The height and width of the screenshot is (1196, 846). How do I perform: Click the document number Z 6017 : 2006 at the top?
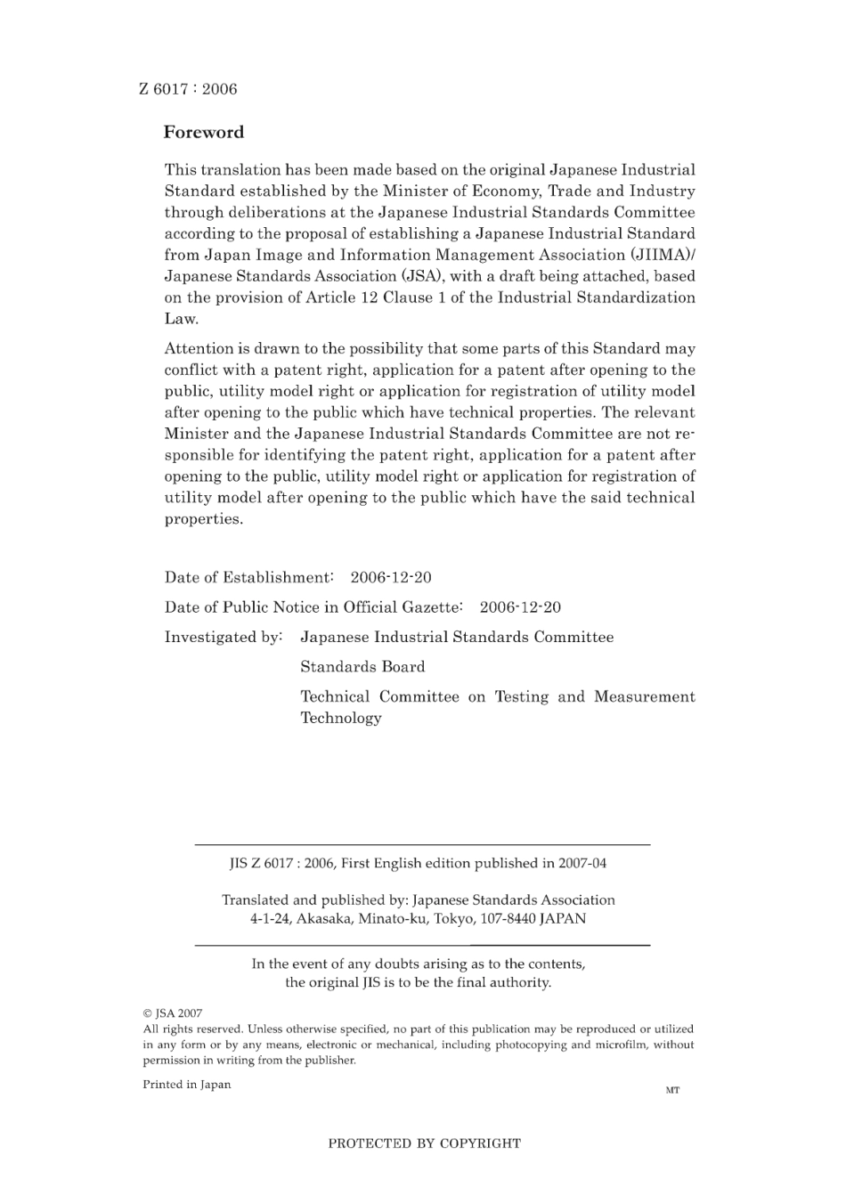(x=188, y=89)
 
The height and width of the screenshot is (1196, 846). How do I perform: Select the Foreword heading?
(x=203, y=133)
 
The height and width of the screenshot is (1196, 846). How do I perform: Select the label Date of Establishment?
(x=248, y=578)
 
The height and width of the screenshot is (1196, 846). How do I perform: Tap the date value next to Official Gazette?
(x=520, y=607)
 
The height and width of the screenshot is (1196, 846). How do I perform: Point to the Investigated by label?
(x=224, y=638)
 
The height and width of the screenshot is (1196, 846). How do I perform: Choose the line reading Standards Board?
(x=362, y=667)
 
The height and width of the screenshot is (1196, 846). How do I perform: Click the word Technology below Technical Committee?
(x=341, y=719)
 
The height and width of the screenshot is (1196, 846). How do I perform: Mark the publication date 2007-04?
(x=582, y=863)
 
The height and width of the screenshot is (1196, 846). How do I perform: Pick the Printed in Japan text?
(x=186, y=1085)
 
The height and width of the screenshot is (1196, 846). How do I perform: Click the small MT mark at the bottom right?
(x=672, y=1090)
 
